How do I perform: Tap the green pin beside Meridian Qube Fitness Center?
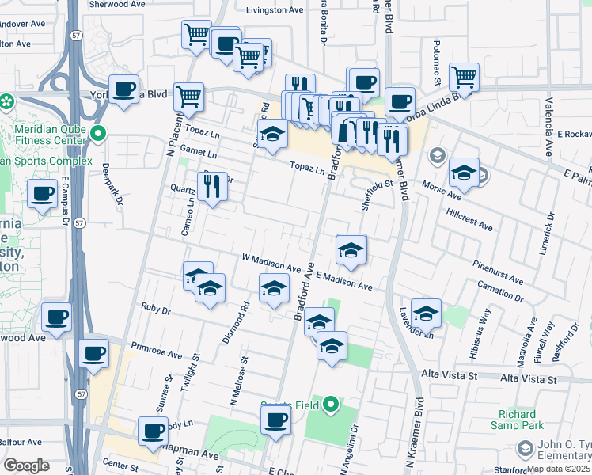tap(98, 134)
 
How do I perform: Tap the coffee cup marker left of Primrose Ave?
tap(94, 353)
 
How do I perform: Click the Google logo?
tap(26, 465)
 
